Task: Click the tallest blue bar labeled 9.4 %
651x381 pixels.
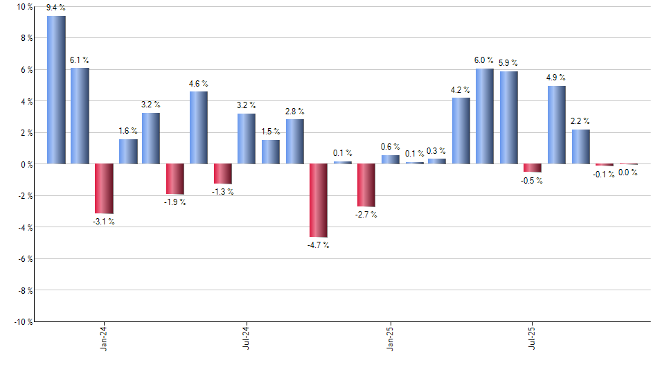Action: click(x=56, y=90)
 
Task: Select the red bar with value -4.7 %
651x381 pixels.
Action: click(x=319, y=200)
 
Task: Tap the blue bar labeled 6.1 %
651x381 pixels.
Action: click(x=80, y=116)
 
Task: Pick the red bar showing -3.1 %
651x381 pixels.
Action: click(x=104, y=188)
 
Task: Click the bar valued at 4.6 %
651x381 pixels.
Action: click(x=199, y=127)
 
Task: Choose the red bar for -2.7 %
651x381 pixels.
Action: click(x=366, y=185)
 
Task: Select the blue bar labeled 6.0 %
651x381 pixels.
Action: click(x=485, y=116)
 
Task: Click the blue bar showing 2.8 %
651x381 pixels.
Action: click(x=294, y=141)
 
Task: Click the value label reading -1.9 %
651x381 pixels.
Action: click(x=175, y=202)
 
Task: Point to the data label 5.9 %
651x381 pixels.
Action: click(x=509, y=62)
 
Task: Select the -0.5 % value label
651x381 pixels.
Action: click(x=533, y=181)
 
